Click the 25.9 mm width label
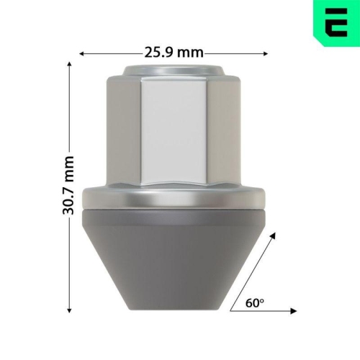(174, 53)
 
